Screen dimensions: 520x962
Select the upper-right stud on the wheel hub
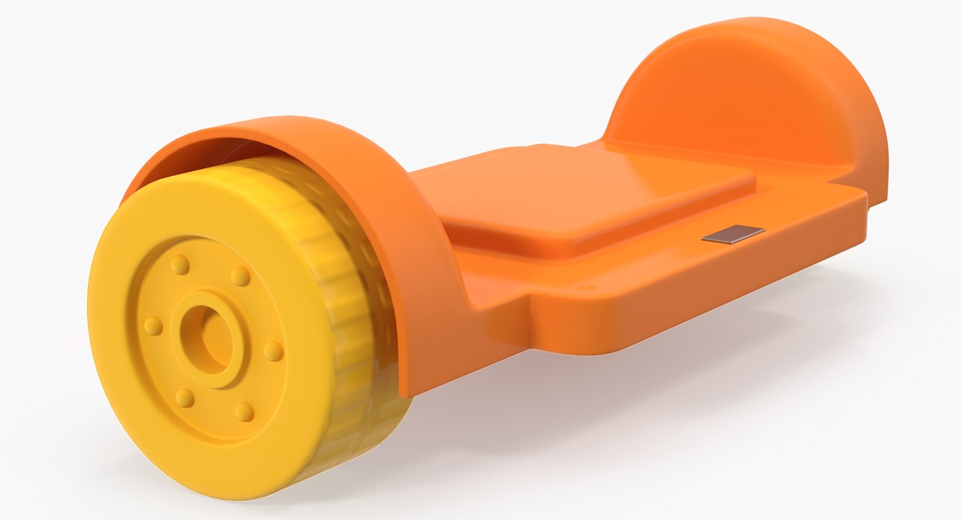tap(241, 274)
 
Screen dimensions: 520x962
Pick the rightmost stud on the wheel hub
tap(273, 350)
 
